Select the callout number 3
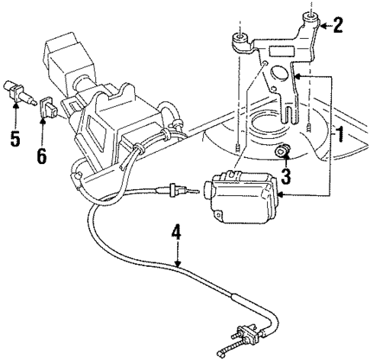(285, 178)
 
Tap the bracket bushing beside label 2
(312, 19)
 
